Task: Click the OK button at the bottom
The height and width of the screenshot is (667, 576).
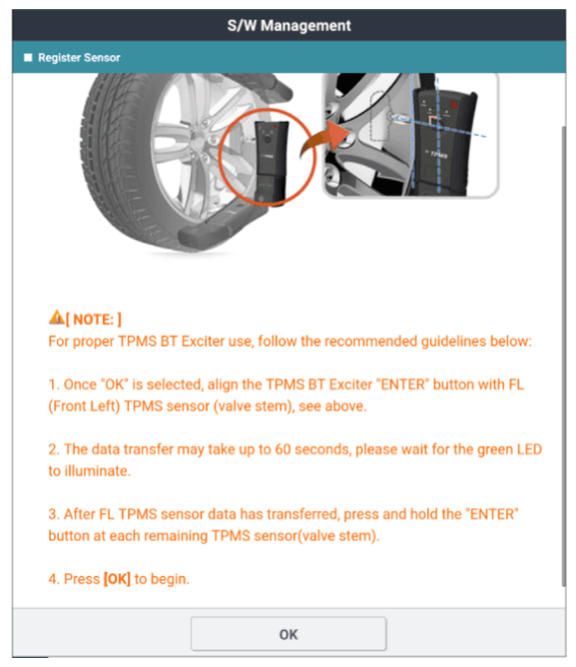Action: pyautogui.click(x=288, y=634)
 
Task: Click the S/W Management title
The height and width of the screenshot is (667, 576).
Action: pyautogui.click(x=288, y=26)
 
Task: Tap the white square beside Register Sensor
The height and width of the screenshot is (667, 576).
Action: pyautogui.click(x=28, y=58)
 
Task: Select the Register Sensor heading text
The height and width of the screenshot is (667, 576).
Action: pyautogui.click(x=79, y=58)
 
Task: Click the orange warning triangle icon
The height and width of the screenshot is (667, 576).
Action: pyautogui.click(x=56, y=317)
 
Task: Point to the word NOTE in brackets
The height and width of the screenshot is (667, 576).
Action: pyautogui.click(x=93, y=320)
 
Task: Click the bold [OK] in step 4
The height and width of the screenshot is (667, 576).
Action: pyautogui.click(x=117, y=579)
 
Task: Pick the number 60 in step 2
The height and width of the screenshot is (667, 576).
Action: pyautogui.click(x=283, y=449)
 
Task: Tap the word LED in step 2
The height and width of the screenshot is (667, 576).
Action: pyautogui.click(x=529, y=449)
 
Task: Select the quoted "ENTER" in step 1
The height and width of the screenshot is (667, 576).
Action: pyautogui.click(x=403, y=384)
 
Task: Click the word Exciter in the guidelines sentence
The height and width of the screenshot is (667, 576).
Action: pyautogui.click(x=203, y=341)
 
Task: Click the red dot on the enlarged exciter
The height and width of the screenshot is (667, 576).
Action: pyautogui.click(x=454, y=105)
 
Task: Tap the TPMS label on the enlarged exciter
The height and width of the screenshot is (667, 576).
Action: pyautogui.click(x=438, y=154)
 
